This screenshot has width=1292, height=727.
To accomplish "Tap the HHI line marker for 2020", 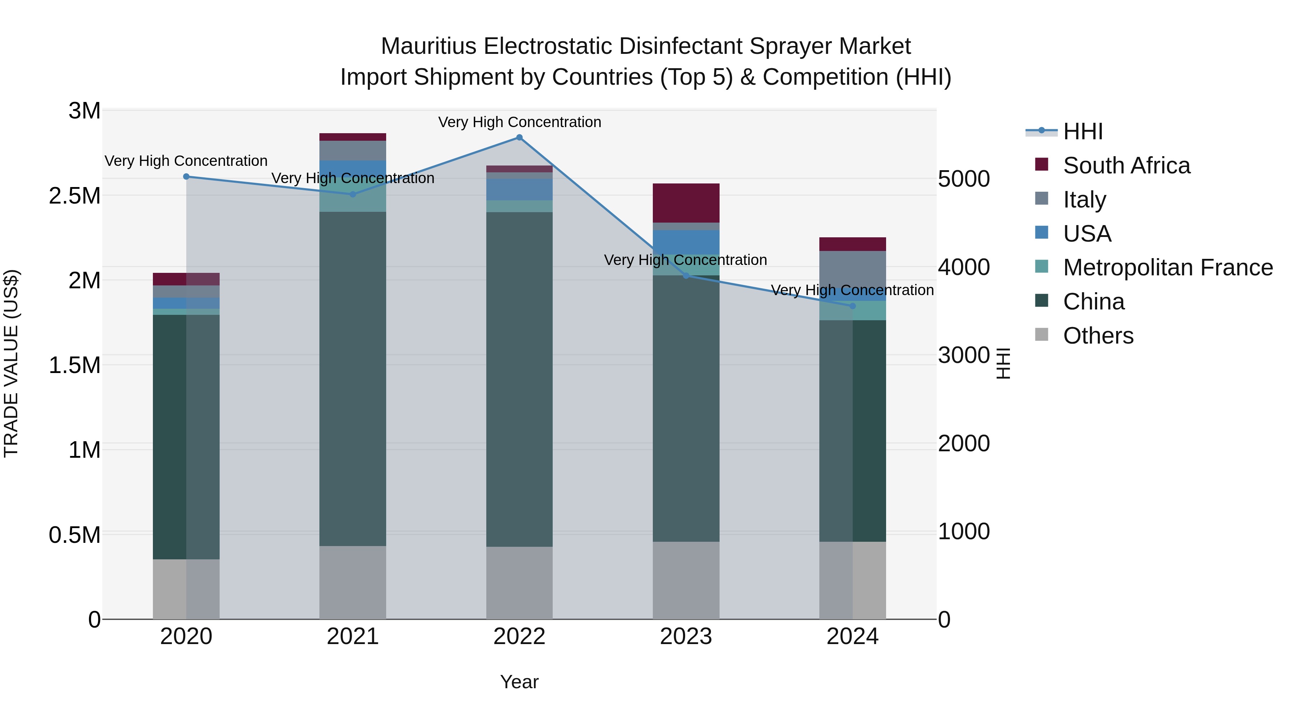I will (x=186, y=177).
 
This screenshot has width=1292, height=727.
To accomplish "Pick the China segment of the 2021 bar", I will (x=352, y=379).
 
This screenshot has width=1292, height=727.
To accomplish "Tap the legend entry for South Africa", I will (x=1125, y=166).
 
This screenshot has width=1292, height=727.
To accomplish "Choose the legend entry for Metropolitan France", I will (x=1167, y=267).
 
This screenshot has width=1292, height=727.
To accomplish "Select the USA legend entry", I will (x=1086, y=234).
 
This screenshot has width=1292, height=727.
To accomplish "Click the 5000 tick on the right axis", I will (x=964, y=179).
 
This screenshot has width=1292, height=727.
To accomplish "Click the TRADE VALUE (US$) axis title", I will (x=11, y=363).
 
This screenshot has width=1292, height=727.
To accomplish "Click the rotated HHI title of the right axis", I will (x=1003, y=363).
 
